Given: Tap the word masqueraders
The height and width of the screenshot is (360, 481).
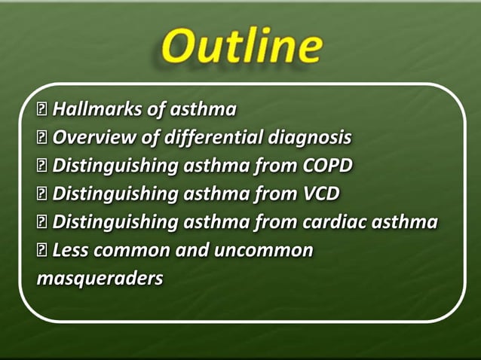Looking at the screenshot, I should point(100,278).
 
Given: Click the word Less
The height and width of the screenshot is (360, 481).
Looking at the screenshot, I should point(72,250).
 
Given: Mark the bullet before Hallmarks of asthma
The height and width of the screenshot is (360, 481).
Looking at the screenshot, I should point(42,111).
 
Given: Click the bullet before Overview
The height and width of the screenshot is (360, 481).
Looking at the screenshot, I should point(42,139).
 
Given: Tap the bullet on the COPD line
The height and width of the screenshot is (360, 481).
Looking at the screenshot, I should point(42,166).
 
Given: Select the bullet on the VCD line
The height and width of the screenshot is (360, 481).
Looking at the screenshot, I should point(42,194).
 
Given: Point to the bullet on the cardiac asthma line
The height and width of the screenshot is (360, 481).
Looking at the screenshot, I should point(42,222).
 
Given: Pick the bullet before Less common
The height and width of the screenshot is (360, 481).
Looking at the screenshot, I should point(42,250).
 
